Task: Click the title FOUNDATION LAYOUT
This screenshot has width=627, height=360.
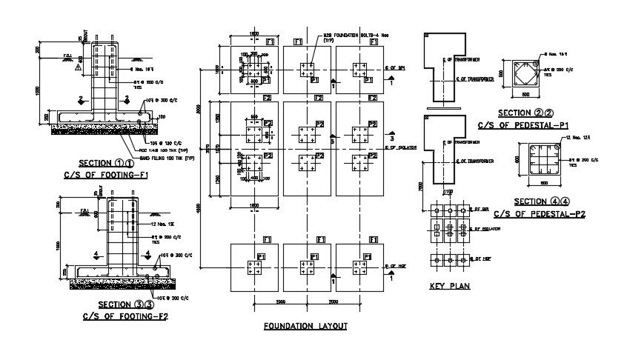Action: click(305, 326)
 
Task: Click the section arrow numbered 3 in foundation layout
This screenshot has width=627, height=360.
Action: click(391, 139)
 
